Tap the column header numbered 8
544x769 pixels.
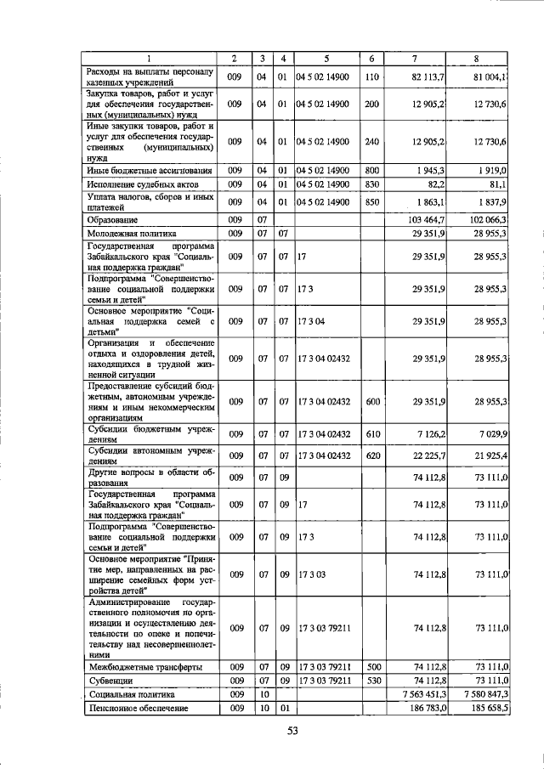tap(477, 58)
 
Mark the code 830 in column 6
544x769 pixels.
tap(371, 184)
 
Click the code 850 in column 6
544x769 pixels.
tap(371, 201)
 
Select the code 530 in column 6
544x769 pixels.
tap(371, 681)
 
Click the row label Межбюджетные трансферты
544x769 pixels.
tap(145, 667)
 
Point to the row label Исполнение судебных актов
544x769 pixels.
tap(142, 184)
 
